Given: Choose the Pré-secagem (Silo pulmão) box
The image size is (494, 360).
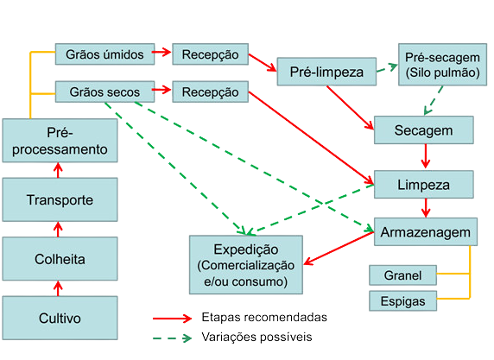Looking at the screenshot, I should coord(438,64).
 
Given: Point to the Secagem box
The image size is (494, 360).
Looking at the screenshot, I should coord(424,129).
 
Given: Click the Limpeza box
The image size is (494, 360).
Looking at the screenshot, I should coord(424,185).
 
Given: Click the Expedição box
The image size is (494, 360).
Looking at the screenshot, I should coord(246,261).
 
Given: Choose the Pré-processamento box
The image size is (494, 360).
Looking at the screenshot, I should coord(59,141).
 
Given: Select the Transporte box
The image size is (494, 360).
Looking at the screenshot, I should coord(59,200).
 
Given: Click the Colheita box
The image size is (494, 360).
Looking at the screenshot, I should coord(59,258).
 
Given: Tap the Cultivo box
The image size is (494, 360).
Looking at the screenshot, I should coord(59,318).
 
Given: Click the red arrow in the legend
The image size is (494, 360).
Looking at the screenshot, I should coord(178,317).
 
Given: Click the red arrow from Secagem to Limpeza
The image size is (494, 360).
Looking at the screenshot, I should coord(425,157).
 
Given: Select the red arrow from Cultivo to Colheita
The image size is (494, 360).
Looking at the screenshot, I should coord(59,287).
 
